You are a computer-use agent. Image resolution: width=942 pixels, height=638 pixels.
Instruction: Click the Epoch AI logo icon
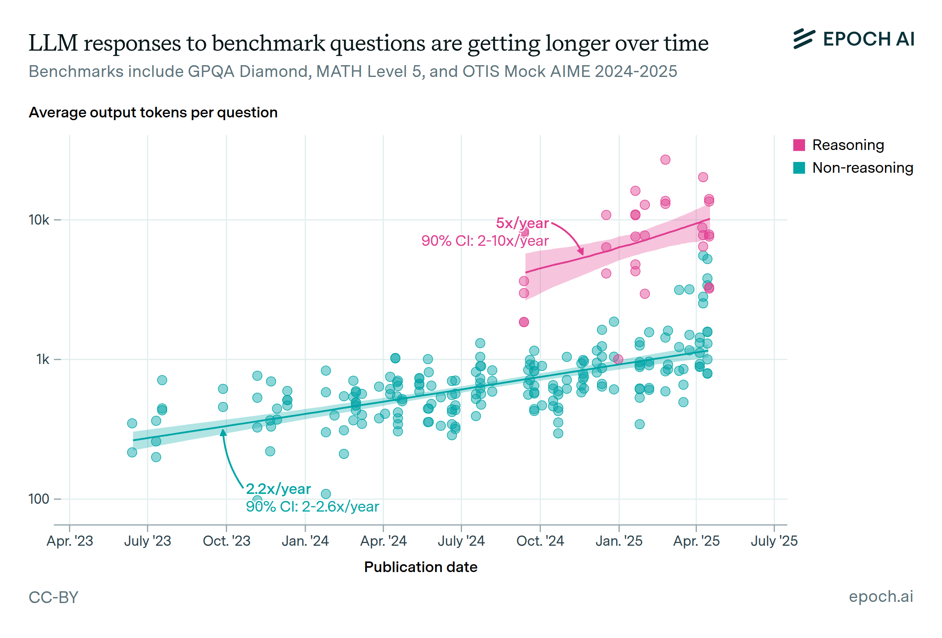804,39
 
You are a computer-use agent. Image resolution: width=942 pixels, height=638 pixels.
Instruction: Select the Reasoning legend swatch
798,145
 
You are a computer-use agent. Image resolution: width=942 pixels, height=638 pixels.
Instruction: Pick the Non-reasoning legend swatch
798,168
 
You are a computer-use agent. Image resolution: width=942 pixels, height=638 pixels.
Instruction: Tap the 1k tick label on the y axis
42,359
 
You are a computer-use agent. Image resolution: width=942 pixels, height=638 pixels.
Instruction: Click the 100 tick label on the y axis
39,499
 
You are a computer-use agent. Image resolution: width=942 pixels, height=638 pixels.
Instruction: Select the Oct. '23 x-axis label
226,541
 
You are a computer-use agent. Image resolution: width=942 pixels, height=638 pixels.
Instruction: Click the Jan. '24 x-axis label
305,541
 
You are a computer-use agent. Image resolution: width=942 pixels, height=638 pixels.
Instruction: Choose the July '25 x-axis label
774,541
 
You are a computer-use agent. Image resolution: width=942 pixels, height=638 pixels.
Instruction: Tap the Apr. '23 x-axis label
70,541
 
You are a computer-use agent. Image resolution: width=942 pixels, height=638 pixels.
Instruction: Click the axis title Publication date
421,567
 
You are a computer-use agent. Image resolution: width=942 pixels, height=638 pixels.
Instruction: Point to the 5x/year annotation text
522,223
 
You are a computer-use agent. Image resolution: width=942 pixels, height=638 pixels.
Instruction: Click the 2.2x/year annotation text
278,489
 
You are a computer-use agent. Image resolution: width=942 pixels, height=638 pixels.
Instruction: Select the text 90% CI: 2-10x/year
485,241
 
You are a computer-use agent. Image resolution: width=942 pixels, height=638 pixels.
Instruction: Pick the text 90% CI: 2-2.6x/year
312,507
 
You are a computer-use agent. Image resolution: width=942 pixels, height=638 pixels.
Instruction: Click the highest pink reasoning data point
665,160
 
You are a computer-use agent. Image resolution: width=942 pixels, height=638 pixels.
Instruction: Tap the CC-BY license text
53,598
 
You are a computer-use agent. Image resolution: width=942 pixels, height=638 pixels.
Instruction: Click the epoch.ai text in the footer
881,597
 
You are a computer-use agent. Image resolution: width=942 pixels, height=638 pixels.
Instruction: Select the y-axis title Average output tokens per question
153,112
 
